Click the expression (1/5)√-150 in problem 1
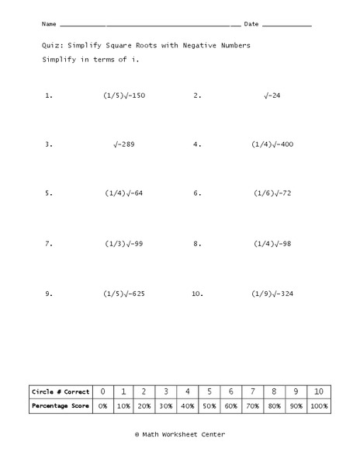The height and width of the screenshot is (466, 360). pos(124,96)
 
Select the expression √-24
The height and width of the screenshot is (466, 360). pos(272,96)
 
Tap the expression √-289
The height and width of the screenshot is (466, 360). pos(124,144)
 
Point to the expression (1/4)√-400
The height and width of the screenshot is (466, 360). pos(272,144)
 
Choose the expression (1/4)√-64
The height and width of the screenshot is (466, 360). pos(124,193)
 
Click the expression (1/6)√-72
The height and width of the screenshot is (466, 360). pos(272,193)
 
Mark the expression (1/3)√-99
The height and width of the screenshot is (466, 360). pos(124,244)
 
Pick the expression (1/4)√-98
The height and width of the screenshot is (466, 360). pos(272,244)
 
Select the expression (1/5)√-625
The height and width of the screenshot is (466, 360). pos(124,294)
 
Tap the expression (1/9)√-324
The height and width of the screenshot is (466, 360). pos(272,294)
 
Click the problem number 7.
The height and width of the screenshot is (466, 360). pos(48,244)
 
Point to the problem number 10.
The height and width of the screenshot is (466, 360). pos(196,294)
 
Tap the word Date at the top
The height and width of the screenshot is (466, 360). pos(251,24)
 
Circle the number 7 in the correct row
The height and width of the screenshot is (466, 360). pos(252,391)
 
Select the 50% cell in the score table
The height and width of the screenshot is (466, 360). pos(209,406)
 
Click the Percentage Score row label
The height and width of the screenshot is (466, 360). pos(61,406)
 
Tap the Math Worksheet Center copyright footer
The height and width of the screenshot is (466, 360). pos(180,435)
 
